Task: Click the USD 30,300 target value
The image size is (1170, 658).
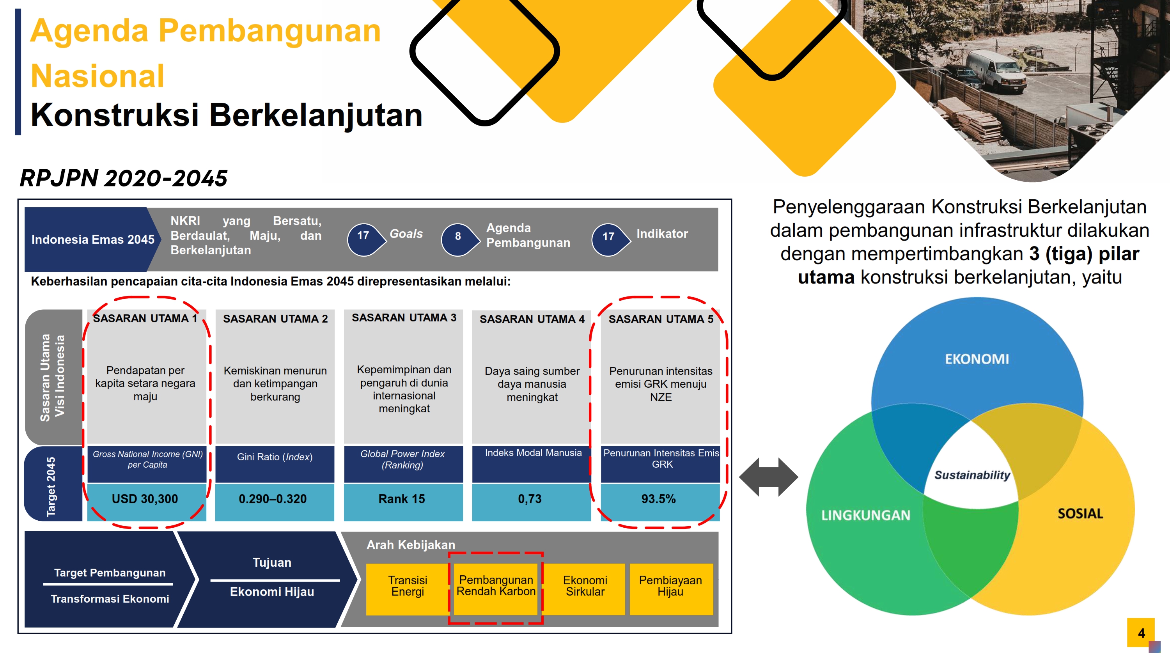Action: click(145, 500)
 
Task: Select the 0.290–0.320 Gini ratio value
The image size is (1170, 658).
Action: click(273, 500)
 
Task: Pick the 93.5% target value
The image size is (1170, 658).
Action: click(659, 500)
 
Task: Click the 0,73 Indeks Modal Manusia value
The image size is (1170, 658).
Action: click(530, 500)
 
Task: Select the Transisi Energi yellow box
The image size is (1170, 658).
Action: click(408, 589)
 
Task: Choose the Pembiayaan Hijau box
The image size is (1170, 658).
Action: click(671, 589)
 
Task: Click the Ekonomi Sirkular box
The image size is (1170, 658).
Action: click(585, 589)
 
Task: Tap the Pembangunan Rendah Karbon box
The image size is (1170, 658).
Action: click(496, 589)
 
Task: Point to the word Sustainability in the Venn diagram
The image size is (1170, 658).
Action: click(972, 475)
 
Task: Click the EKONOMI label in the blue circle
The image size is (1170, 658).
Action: click(977, 359)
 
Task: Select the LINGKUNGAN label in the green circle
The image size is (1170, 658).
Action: click(866, 515)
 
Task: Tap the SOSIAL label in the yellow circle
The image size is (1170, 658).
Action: click(1081, 514)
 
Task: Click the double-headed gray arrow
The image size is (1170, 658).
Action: click(768, 477)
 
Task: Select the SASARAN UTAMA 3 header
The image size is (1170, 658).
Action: click(404, 318)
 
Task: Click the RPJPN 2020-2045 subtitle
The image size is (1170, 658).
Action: click(123, 178)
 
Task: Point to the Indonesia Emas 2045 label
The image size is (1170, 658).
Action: click(93, 239)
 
